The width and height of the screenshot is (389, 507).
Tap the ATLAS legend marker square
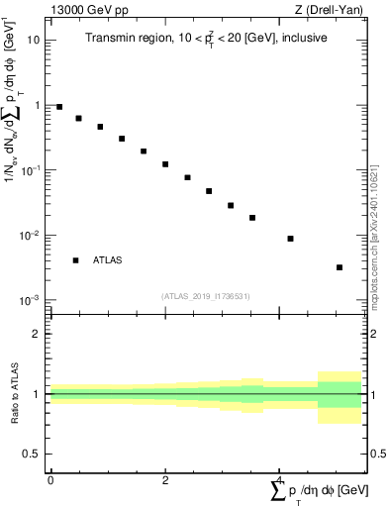point(75,260)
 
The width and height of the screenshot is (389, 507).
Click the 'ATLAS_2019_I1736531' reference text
point(204,296)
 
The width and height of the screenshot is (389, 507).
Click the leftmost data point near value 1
point(59,107)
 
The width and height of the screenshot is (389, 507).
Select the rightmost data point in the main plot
point(340,267)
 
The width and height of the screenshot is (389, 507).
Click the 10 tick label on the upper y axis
point(34,41)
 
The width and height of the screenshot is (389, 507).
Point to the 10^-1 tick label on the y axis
point(31,169)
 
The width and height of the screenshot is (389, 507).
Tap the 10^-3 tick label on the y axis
point(31,300)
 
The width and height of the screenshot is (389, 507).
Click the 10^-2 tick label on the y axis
point(31,235)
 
